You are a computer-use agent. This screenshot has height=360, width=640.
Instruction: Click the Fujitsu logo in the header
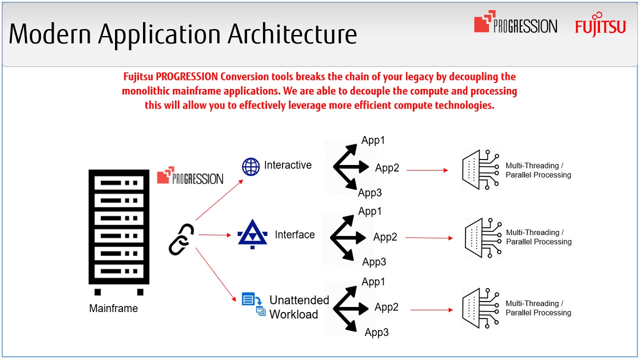[x=600, y=25]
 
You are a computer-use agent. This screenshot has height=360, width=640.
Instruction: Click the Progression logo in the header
[x=515, y=24]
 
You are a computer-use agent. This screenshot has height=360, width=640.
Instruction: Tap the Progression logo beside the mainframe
[x=190, y=175]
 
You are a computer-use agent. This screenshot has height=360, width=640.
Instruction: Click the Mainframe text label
[x=113, y=308]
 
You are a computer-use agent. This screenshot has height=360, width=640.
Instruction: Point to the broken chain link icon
[x=181, y=239]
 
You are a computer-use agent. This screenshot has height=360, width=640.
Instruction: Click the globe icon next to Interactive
[x=251, y=166]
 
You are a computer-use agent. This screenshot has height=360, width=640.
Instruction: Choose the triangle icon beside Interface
[x=252, y=234]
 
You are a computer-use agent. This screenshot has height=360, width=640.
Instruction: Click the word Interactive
[x=287, y=165]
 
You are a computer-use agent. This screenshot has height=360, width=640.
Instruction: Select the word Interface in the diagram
[x=294, y=234]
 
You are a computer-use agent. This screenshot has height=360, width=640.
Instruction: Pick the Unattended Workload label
[x=299, y=307]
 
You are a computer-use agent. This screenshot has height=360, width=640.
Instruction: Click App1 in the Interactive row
[x=373, y=140]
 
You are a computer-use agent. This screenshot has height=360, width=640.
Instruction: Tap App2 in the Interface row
[x=385, y=237]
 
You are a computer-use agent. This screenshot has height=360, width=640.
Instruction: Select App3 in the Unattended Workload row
[x=376, y=332]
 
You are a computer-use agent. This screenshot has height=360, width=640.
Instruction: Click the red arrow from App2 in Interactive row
[x=427, y=170]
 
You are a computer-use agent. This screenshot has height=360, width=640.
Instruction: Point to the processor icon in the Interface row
[x=482, y=238]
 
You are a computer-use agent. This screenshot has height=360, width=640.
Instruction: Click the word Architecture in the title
[x=292, y=34]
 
